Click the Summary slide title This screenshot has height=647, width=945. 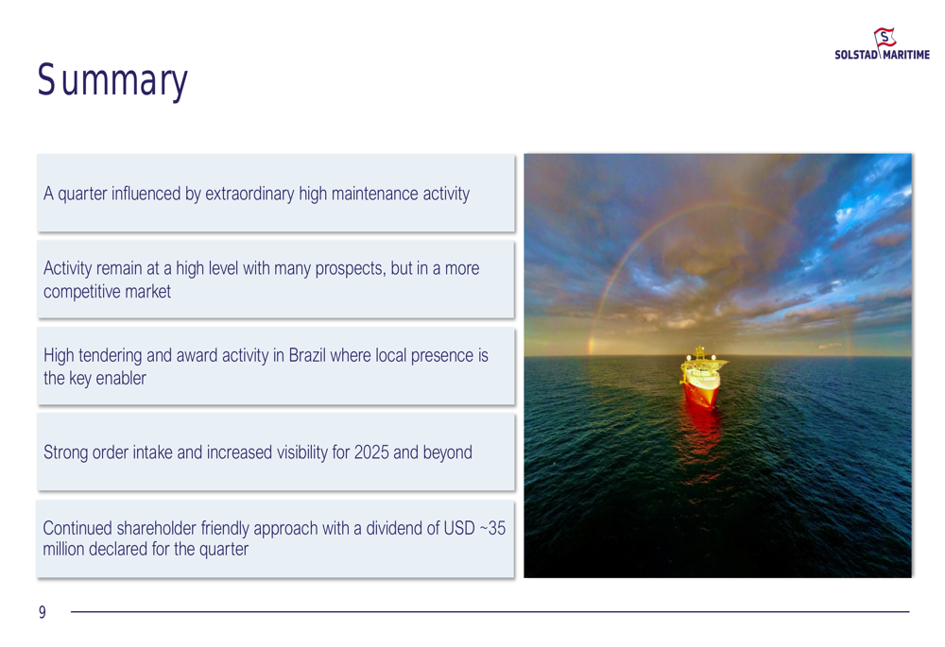point(112,82)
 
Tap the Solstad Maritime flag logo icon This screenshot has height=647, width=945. point(885,39)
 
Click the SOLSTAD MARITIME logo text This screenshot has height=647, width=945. point(882,56)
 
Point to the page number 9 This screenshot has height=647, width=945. point(42,613)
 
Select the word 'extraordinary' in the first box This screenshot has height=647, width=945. point(249,194)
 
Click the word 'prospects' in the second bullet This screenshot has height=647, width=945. point(346,268)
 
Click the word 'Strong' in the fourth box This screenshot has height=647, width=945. point(67,452)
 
